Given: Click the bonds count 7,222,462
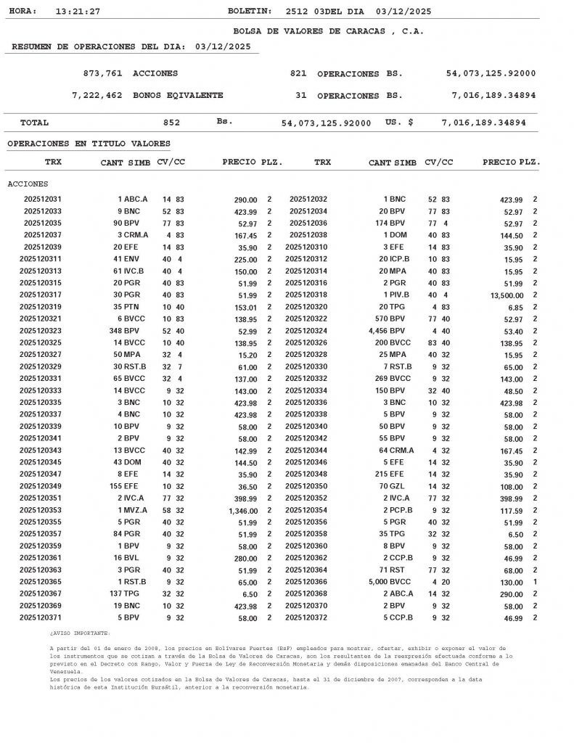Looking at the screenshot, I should (97, 96).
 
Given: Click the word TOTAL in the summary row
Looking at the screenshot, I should (34, 123).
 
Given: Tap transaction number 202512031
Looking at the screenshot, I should (43, 200).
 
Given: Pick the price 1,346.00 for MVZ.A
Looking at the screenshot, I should (239, 510).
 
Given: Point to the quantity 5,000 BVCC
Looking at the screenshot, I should (388, 582).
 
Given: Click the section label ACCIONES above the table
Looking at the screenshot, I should (28, 184).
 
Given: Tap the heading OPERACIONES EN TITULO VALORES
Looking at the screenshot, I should (89, 144).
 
